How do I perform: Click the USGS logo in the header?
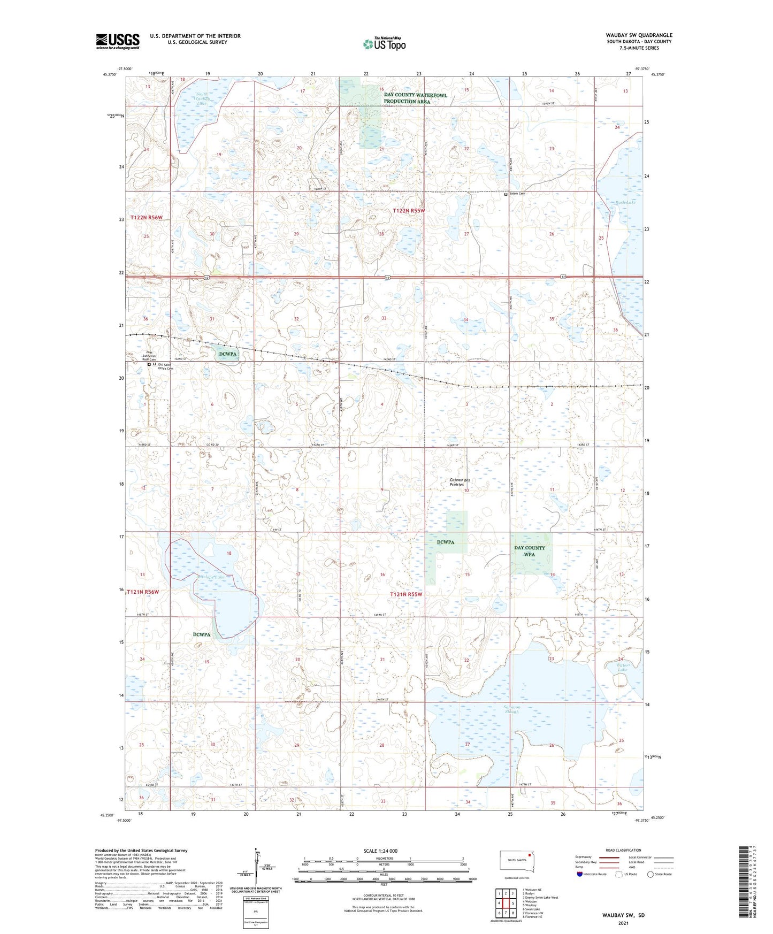117,41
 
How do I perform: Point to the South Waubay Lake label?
201,101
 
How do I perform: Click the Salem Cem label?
517,194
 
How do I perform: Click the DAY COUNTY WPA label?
529,551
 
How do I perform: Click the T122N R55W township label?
409,211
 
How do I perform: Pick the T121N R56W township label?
143,592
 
